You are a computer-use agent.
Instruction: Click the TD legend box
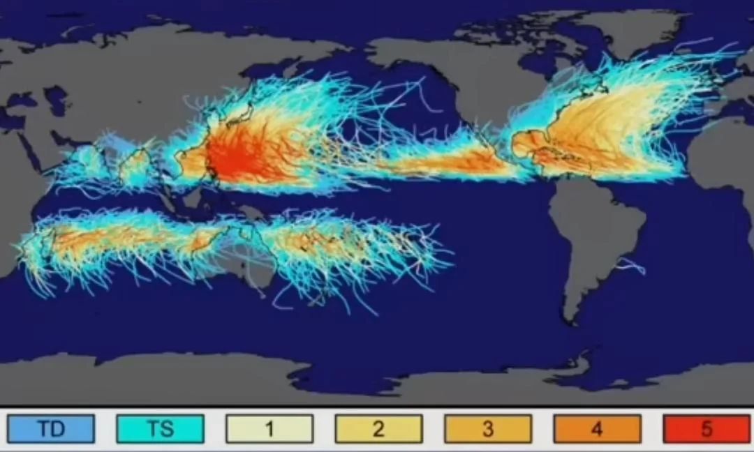(51, 429)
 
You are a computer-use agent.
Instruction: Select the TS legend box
(161, 429)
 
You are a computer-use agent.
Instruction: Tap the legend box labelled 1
(269, 429)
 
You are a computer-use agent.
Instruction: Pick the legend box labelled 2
(378, 429)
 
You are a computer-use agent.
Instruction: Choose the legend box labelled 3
(488, 429)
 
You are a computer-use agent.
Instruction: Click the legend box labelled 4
(597, 429)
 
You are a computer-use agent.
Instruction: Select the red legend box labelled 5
(707, 429)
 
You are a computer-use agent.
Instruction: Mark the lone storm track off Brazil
(632, 265)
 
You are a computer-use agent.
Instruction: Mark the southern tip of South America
(572, 321)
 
